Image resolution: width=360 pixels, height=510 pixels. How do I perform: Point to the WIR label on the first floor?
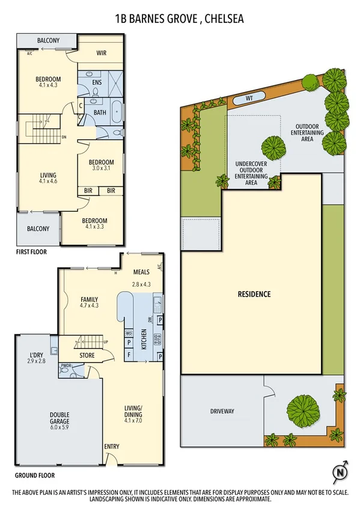(x=102, y=52)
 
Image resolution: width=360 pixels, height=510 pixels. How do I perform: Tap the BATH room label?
(x=100, y=112)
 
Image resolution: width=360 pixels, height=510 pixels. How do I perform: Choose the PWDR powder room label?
(x=65, y=366)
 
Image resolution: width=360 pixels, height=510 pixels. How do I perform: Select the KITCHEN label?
(x=144, y=339)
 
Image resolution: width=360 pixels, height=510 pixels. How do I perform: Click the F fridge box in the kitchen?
(x=129, y=355)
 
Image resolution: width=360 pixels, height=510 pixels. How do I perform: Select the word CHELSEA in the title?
(x=225, y=19)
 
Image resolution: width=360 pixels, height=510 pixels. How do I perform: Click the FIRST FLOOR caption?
(x=31, y=252)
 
